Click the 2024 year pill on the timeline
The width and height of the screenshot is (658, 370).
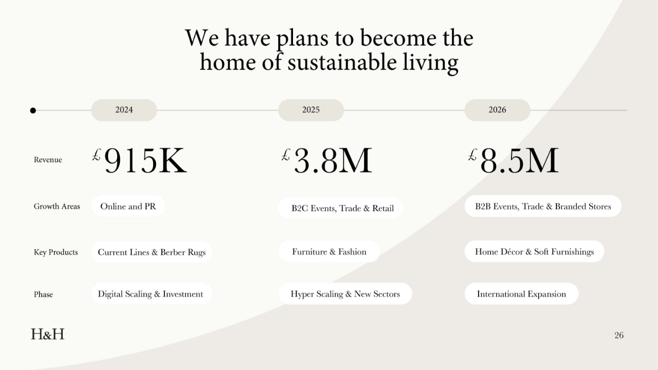tap(124, 110)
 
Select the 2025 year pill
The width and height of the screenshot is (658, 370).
tap(311, 110)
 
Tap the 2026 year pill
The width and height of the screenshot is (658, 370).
tap(497, 110)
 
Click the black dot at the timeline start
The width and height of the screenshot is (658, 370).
tap(33, 110)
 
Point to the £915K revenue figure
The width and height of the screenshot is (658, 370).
tap(139, 160)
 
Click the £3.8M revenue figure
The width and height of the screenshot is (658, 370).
tap(326, 160)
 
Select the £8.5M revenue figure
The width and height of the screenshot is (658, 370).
tap(514, 160)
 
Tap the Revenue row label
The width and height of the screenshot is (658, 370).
tap(48, 160)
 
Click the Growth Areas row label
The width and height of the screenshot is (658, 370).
tap(57, 207)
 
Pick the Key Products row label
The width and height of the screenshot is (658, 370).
tap(56, 252)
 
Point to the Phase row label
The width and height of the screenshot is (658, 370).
tap(43, 294)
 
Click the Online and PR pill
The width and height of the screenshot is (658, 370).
tap(128, 206)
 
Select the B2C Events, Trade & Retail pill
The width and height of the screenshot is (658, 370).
tap(340, 208)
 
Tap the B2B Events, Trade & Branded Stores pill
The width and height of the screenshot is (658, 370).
tap(543, 206)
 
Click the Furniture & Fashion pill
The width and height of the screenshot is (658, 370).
tap(329, 251)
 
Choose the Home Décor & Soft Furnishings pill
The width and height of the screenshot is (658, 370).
tap(534, 251)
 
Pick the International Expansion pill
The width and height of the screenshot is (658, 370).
tap(521, 293)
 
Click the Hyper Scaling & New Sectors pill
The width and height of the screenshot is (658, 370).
tap(345, 293)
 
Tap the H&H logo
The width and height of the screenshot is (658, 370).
tap(48, 334)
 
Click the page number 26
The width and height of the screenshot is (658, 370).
tap(619, 335)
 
